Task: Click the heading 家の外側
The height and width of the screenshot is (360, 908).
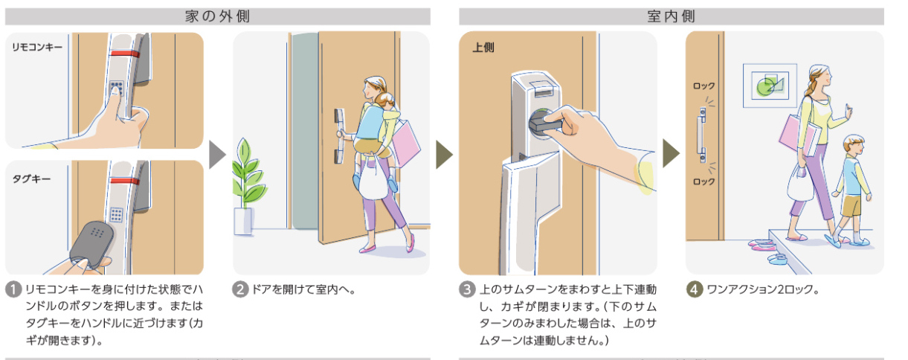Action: coord(216,16)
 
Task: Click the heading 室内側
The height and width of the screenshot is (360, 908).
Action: coord(671,16)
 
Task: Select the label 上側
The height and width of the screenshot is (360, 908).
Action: coord(483,47)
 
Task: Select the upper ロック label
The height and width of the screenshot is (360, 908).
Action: coord(703,86)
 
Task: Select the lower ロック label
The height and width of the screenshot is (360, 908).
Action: coord(703,181)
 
